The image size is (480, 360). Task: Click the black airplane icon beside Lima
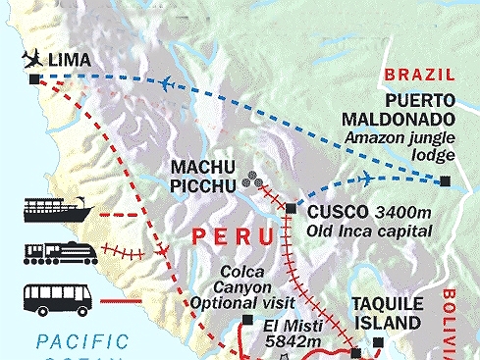[x=32, y=58]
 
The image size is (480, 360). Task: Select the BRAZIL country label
[x=419, y=74]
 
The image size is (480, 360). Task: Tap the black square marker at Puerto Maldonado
[x=446, y=180]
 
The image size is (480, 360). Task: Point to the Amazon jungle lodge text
[x=400, y=147]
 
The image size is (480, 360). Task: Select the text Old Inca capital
[x=368, y=231]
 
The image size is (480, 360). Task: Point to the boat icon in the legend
[x=57, y=210]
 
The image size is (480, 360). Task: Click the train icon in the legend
[x=57, y=251]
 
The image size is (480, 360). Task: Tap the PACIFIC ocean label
[x=81, y=342]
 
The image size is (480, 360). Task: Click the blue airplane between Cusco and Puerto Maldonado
[x=365, y=178]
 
